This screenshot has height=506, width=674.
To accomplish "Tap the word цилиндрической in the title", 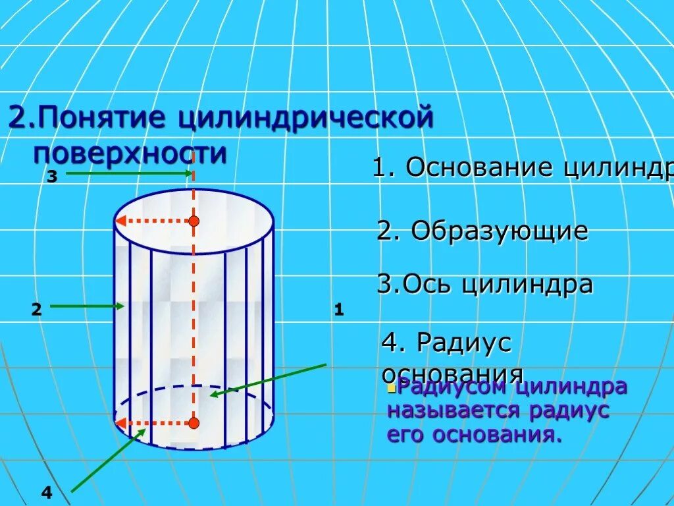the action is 305,119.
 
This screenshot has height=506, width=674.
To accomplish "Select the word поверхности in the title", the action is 130,154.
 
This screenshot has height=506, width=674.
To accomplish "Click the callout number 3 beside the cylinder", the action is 52,176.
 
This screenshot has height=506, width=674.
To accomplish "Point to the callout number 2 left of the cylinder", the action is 36,310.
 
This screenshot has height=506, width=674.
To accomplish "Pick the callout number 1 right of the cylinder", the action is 339,309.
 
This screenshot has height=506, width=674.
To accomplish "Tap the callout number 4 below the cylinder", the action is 46,492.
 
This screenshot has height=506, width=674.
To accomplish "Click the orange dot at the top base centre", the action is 194,221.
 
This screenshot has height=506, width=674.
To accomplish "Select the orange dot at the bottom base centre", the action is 194,423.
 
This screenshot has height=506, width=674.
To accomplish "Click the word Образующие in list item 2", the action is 499,231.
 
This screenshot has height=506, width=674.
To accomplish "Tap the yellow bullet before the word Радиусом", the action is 391,389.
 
